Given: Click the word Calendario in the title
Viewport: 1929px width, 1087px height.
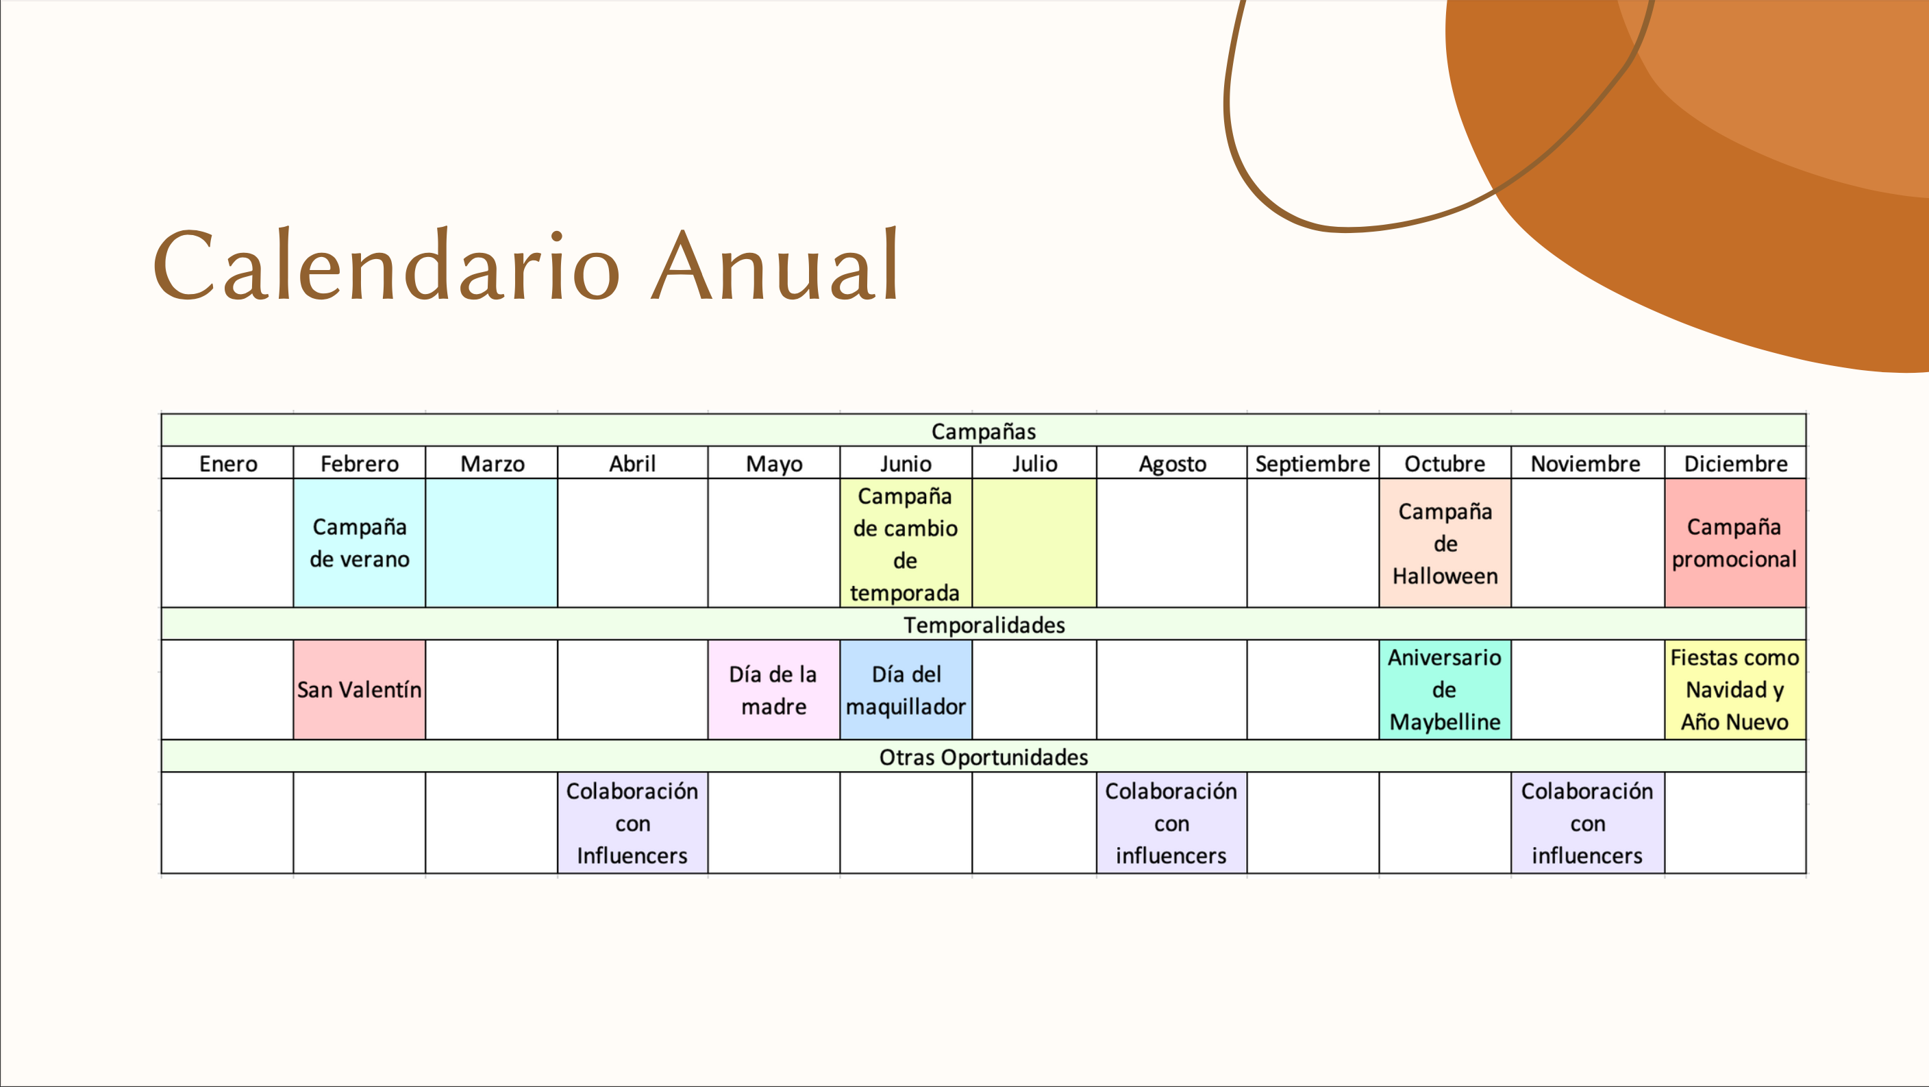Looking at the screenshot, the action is [x=386, y=266].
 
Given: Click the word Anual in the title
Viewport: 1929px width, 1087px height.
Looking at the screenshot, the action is [x=775, y=266].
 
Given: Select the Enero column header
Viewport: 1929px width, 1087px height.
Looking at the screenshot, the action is [x=227, y=463].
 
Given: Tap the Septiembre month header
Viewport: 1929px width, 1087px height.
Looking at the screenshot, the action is [x=1312, y=463].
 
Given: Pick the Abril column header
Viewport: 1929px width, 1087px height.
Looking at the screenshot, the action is [x=633, y=463].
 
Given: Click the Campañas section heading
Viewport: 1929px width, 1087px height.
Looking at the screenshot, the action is [x=983, y=430].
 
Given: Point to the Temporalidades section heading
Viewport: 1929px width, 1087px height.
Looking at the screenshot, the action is [x=983, y=624].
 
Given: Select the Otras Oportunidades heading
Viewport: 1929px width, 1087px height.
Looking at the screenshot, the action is [x=983, y=757].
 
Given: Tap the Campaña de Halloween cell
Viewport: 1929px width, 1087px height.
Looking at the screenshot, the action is [x=1445, y=542].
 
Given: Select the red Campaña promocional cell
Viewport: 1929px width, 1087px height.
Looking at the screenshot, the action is [x=1735, y=542].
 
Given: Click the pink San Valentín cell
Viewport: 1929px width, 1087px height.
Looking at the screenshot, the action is [x=360, y=689].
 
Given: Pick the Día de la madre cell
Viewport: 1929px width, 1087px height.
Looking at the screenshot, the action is [x=773, y=689].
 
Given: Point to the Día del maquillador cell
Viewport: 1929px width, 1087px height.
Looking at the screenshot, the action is [x=906, y=689].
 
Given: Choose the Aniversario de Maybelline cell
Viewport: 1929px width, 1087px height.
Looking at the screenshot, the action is [x=1445, y=689].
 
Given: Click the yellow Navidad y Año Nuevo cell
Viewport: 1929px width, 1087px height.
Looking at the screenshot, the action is [x=1735, y=689].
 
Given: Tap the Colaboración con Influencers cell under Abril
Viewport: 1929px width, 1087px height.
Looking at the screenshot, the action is [x=633, y=822].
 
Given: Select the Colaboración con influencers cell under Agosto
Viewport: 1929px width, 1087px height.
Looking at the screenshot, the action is [x=1171, y=822].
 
